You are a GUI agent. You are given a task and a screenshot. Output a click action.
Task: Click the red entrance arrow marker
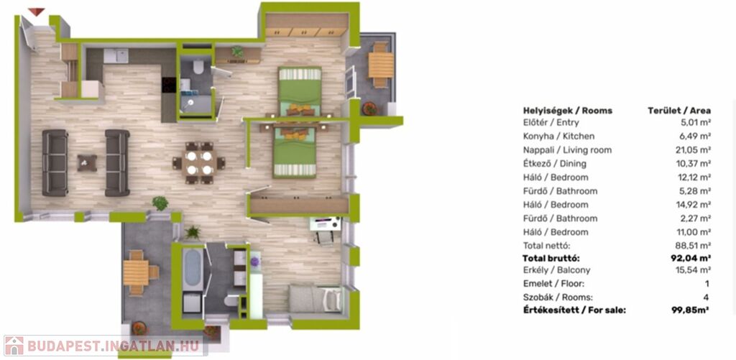tap(36, 11)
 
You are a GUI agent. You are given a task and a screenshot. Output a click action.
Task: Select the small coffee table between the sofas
tap(87, 163)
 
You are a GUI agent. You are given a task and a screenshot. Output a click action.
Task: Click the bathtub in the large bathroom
tap(193, 269)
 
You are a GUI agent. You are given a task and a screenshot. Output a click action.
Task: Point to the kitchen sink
tap(116, 56)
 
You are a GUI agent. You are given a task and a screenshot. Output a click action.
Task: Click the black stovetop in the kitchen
tap(168, 85)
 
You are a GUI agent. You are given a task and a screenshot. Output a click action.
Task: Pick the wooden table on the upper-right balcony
tap(381, 65)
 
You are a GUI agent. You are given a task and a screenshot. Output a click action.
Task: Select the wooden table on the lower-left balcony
tap(136, 273)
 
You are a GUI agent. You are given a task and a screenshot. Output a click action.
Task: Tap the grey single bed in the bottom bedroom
tap(315, 299)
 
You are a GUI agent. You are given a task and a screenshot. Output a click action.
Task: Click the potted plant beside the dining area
tap(160, 203)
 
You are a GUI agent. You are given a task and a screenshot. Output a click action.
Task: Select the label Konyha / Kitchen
tap(558, 137)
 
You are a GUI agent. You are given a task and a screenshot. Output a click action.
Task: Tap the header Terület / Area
tap(679, 111)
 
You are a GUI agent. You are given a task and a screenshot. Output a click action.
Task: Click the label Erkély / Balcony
tap(557, 270)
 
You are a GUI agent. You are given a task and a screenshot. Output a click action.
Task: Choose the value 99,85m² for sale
tap(690, 310)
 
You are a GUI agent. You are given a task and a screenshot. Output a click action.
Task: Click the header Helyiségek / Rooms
tap(568, 111)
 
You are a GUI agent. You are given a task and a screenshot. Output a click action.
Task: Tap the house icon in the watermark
tap(14, 346)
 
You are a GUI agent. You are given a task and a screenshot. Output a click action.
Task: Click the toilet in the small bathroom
tap(198, 68)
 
